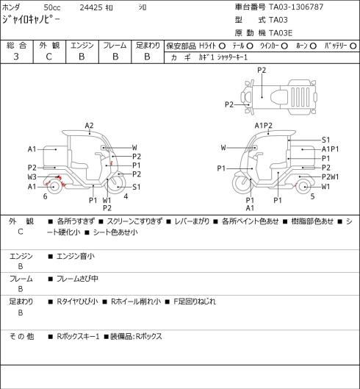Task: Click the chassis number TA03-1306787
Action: tap(296, 7)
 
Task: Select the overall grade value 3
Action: tap(16, 57)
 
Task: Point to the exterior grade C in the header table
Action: tap(48, 57)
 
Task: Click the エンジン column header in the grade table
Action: tap(82, 46)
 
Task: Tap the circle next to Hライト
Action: tap(222, 46)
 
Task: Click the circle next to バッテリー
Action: tap(353, 46)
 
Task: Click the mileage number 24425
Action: tap(91, 7)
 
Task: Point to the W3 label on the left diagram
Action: tap(32, 177)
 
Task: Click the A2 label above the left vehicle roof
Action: tap(89, 126)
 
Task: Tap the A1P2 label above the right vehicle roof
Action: tap(264, 126)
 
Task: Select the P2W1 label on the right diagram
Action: tap(330, 177)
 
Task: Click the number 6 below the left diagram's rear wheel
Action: tap(45, 196)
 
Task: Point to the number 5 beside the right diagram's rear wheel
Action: tap(313, 196)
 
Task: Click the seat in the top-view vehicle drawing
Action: tap(279, 97)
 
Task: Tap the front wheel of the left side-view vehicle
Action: tap(116, 185)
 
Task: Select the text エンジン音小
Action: tap(76, 256)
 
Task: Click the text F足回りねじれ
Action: tap(195, 301)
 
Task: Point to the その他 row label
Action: tap(21, 336)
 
